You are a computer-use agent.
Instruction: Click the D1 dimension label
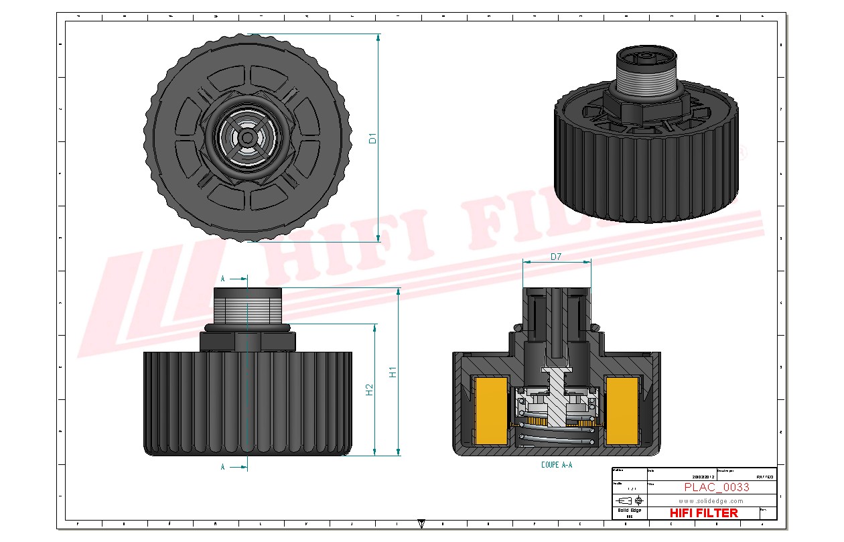pos(373,139)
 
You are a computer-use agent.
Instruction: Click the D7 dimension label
pos(556,257)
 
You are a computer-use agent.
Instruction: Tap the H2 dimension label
pos(369,389)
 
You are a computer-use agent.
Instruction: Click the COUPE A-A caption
pos(556,464)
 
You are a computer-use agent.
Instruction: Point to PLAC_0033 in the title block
pos(716,487)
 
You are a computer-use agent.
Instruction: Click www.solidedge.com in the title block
pos(711,500)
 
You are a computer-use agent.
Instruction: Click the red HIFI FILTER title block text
pos(704,513)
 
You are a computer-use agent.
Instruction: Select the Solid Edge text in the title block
pos(628,511)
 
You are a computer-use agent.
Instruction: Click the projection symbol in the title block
pos(629,500)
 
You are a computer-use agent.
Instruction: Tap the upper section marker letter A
pos(223,278)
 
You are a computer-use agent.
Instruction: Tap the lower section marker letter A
pos(223,467)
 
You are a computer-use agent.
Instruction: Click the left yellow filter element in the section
pos(490,409)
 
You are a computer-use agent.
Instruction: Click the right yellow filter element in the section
pos(621,409)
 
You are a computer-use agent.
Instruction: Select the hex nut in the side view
pos(247,341)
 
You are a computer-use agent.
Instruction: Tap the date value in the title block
pos(681,477)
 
